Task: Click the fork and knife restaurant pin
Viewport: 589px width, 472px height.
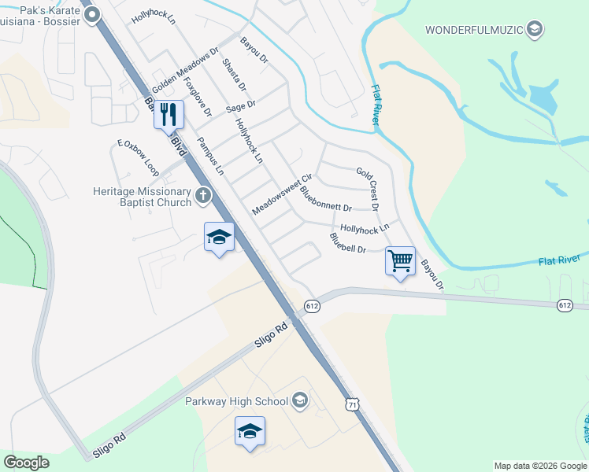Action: [x=169, y=115]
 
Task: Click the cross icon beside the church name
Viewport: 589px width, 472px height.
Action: [x=203, y=196]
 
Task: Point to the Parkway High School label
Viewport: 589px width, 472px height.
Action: [x=237, y=401]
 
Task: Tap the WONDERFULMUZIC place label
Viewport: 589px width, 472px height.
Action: [x=475, y=30]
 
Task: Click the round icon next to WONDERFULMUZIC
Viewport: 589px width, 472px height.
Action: [x=535, y=30]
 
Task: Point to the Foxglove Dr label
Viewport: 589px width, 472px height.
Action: [x=198, y=96]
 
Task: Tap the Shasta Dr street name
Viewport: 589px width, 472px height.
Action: [x=234, y=75]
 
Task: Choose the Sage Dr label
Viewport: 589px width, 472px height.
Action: [x=241, y=105]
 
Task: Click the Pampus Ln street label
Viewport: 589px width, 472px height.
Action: [x=210, y=156]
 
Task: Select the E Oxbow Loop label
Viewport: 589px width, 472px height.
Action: [x=138, y=158]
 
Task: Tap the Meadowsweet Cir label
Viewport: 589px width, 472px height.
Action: [x=282, y=194]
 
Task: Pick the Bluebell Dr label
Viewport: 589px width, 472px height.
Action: [x=348, y=243]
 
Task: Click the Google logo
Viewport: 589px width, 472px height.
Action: [x=26, y=463]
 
